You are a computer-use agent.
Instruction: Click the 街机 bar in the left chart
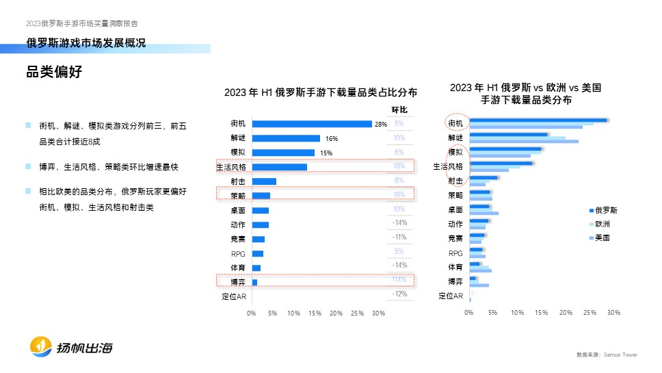[311, 124]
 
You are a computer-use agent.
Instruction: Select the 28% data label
[381, 124]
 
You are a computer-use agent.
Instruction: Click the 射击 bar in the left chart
[264, 181]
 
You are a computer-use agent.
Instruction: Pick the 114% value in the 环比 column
[399, 279]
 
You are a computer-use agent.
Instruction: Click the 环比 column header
[399, 110]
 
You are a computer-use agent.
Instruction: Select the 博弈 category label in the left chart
[239, 282]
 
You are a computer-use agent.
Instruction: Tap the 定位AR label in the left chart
[235, 296]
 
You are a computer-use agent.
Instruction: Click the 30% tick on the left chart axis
[378, 313]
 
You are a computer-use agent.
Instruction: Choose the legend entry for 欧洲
[603, 224]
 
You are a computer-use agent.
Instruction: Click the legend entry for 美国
[603, 237]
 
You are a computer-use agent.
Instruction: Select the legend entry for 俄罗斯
[606, 210]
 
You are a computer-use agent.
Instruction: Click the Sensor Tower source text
[619, 355]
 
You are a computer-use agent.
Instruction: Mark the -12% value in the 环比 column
[399, 294]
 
